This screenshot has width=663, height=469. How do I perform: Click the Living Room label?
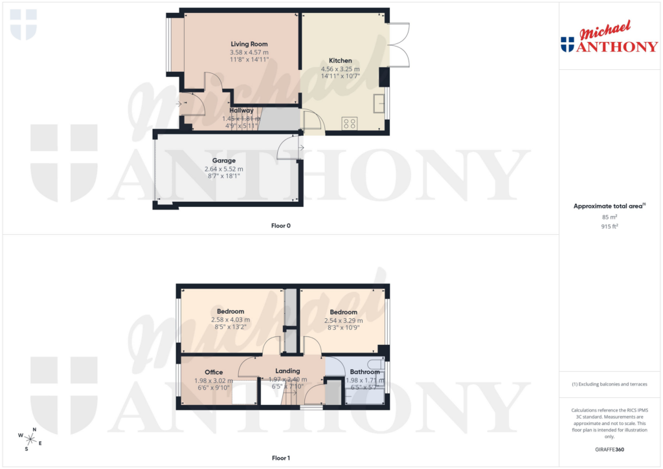[x=249, y=44]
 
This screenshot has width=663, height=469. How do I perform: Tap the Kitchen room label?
[x=340, y=61]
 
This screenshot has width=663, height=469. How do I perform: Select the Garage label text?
[x=224, y=160]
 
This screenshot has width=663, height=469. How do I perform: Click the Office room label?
[x=214, y=372]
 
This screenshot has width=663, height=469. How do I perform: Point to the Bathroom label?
[x=365, y=372]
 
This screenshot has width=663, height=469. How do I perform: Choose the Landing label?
[x=287, y=371]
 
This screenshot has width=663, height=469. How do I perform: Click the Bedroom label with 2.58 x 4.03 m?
[x=230, y=312]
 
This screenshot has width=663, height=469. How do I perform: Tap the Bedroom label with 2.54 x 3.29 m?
[x=344, y=312]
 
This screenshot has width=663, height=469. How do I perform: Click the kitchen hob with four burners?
[x=350, y=122]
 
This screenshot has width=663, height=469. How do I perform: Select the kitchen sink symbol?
[x=378, y=102]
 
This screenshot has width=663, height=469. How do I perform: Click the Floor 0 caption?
[x=280, y=226]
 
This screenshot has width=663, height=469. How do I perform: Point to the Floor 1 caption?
[x=280, y=459]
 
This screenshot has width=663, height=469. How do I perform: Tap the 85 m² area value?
[x=611, y=217]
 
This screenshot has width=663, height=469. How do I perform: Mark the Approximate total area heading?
[x=608, y=206]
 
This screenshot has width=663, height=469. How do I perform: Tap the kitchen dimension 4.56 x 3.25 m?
[x=340, y=69]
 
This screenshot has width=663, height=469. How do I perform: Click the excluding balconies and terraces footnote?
[x=609, y=384]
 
